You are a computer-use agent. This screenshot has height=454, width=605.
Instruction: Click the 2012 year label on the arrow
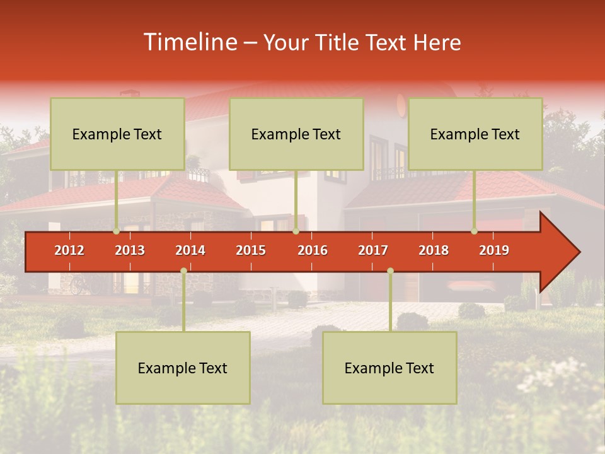pyautogui.click(x=69, y=250)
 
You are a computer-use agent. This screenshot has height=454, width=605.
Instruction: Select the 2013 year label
pyautogui.click(x=130, y=250)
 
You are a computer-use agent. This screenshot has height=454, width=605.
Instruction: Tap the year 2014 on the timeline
pyautogui.click(x=190, y=250)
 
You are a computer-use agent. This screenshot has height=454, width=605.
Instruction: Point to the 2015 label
pyautogui.click(x=251, y=250)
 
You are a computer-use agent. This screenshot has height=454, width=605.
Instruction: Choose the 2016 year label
pyautogui.click(x=313, y=250)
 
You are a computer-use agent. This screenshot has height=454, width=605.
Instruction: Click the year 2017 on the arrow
pyautogui.click(x=373, y=250)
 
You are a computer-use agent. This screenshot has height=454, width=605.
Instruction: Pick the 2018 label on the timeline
pyautogui.click(x=434, y=250)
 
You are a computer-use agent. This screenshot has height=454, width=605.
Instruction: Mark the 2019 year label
pyautogui.click(x=494, y=250)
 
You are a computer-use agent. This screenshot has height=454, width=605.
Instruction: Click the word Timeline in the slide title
pyautogui.click(x=189, y=42)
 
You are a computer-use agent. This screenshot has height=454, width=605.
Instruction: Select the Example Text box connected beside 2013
pyautogui.click(x=117, y=134)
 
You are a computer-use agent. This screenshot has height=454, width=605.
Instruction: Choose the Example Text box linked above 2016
pyautogui.click(x=296, y=134)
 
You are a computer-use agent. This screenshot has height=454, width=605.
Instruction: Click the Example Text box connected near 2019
pyautogui.click(x=475, y=134)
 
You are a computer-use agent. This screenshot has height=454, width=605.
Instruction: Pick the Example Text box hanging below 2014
pyautogui.click(x=183, y=368)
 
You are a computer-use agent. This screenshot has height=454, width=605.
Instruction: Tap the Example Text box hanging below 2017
pyautogui.click(x=389, y=368)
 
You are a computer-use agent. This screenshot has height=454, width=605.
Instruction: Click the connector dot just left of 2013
pyautogui.click(x=117, y=231)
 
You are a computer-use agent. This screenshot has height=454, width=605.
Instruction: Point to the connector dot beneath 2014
pyautogui.click(x=183, y=271)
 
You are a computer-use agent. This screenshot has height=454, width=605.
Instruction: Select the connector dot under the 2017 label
pyautogui.click(x=390, y=271)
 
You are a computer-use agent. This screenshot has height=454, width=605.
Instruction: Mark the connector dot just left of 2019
pyautogui.click(x=475, y=231)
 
